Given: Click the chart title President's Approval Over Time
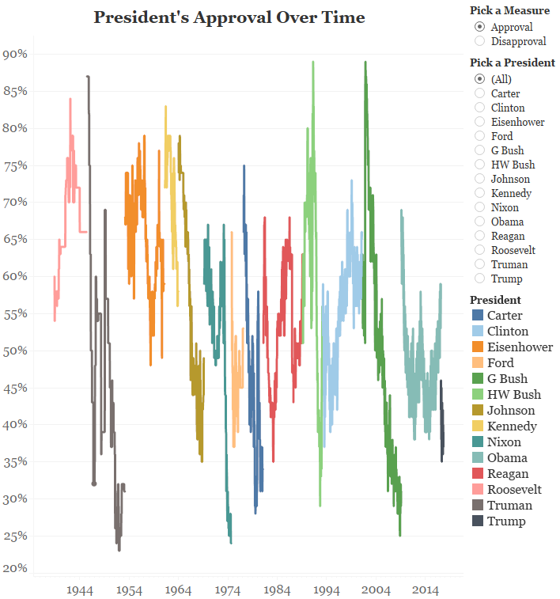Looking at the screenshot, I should (x=229, y=17).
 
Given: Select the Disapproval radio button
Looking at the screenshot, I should (x=479, y=41).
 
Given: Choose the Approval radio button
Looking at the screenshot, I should (x=479, y=27).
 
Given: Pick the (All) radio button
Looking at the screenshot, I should (x=479, y=79).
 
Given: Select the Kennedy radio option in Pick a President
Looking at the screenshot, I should (x=479, y=193).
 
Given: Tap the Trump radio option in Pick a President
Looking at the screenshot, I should (x=479, y=279).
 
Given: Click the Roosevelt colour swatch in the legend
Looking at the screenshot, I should (x=477, y=490).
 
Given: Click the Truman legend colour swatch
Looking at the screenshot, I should (x=477, y=506).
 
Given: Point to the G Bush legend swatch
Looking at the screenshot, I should (x=477, y=379).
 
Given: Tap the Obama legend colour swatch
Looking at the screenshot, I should (x=477, y=458).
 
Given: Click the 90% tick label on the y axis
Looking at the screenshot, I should (x=15, y=54).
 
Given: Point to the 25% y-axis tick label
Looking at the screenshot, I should (x=15, y=536).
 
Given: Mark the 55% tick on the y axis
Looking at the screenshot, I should (x=15, y=313).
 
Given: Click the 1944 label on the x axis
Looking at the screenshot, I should (x=81, y=590).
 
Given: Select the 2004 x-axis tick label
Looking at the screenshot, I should (x=376, y=590).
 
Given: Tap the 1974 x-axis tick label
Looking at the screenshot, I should (x=229, y=590).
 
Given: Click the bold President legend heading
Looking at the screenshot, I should (x=495, y=300).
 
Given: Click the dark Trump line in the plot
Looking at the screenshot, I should (x=442, y=427).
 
